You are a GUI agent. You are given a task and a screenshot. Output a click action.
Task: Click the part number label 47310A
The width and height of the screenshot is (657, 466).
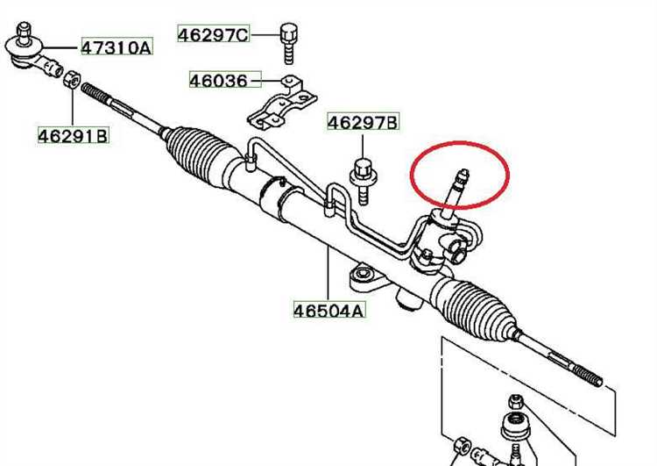coord(117,47)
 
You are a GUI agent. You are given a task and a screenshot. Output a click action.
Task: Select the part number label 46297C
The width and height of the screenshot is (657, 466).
coord(213,34)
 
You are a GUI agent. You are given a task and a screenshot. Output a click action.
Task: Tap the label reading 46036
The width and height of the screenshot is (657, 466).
coord(219,80)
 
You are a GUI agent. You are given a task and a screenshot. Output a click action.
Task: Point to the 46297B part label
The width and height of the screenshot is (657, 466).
coord(363,122)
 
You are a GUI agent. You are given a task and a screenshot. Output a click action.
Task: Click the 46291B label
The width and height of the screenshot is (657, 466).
coord(74,136)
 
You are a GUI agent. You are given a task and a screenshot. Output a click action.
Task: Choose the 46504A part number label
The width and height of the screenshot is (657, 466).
coord(328,311)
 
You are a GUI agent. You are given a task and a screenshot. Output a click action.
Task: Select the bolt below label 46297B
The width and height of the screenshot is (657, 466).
coord(364,181)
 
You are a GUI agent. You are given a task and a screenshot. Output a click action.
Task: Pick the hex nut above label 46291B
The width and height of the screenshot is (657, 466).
coord(72,79)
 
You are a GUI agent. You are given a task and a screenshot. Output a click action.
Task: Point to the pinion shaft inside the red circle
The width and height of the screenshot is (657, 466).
coord(456,193)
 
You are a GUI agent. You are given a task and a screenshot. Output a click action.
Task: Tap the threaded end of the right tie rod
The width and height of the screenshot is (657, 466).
coord(587,375)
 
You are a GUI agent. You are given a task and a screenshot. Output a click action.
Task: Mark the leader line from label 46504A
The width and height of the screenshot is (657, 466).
coord(328,274)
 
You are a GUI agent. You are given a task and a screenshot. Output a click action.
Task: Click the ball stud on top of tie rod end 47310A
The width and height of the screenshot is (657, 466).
coord(24,32)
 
